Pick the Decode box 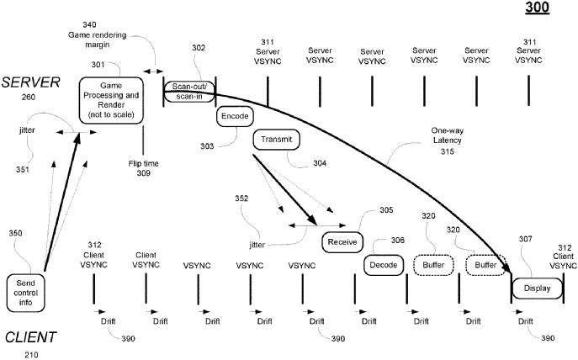pos(383,265)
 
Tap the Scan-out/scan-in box pos(188,91)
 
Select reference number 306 pos(397,241)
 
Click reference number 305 pos(386,211)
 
